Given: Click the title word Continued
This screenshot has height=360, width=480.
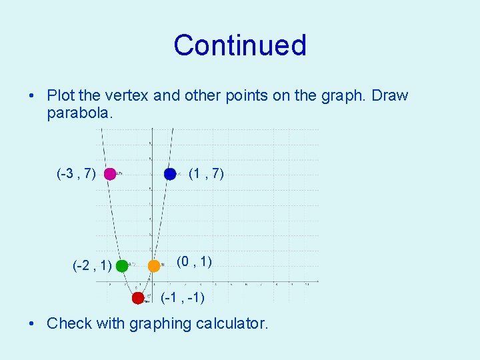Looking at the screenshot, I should (240, 45).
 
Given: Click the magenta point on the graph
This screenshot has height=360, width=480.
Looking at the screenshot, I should (110, 174).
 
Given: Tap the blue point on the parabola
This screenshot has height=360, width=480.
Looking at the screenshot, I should (170, 174).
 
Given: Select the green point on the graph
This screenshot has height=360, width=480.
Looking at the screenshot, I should (121, 266).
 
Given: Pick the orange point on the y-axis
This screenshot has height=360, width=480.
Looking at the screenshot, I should (154, 265).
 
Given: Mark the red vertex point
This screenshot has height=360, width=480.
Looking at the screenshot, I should (138, 298).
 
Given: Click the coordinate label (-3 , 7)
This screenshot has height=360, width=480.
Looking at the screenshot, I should (77, 175).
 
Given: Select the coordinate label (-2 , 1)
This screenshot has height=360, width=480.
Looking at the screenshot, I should (92, 267).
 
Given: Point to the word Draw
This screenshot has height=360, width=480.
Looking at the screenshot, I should (390, 96).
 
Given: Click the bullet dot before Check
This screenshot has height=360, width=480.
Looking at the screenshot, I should (33, 325).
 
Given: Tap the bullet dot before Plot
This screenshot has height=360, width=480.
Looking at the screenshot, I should (33, 96).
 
